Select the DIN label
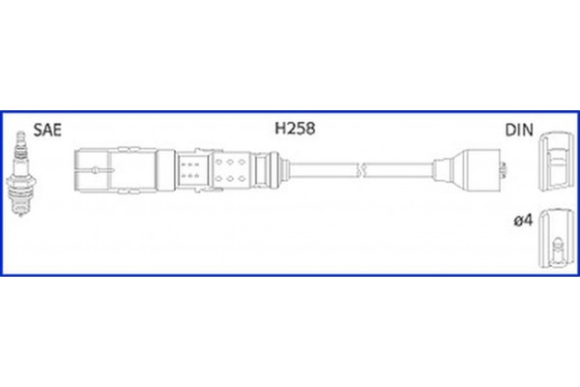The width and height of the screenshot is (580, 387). (x=518, y=130)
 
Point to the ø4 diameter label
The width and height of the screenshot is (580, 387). (x=522, y=222)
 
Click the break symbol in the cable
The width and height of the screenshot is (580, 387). (x=360, y=172)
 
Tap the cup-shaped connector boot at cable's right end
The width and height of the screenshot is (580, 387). (x=479, y=172)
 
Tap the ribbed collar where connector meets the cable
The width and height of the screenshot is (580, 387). (x=275, y=172)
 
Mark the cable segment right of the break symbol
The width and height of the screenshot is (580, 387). (x=396, y=172)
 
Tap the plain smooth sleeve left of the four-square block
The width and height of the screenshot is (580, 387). (x=155, y=172)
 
